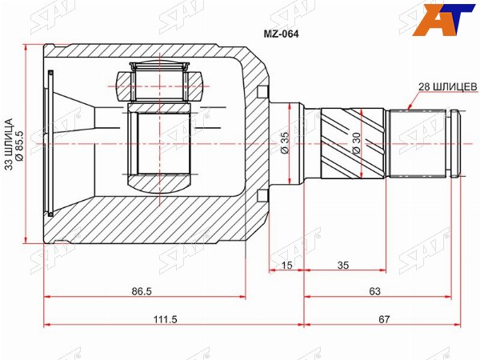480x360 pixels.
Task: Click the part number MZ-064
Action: pyautogui.click(x=281, y=34)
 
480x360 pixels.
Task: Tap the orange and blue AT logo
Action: pyautogui.click(x=442, y=20)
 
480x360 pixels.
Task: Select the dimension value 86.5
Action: pyautogui.click(x=142, y=291)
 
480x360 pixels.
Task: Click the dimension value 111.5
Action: pyautogui.click(x=166, y=319)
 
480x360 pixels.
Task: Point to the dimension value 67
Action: pyautogui.click(x=384, y=319)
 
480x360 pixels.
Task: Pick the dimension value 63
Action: pyautogui.click(x=374, y=291)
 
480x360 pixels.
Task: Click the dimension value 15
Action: pyautogui.click(x=286, y=265)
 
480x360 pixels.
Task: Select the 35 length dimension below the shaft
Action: pyautogui.click(x=343, y=265)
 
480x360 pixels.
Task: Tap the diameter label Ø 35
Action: pyautogui.click(x=285, y=143)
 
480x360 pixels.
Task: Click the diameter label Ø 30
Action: pyautogui.click(x=357, y=143)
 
